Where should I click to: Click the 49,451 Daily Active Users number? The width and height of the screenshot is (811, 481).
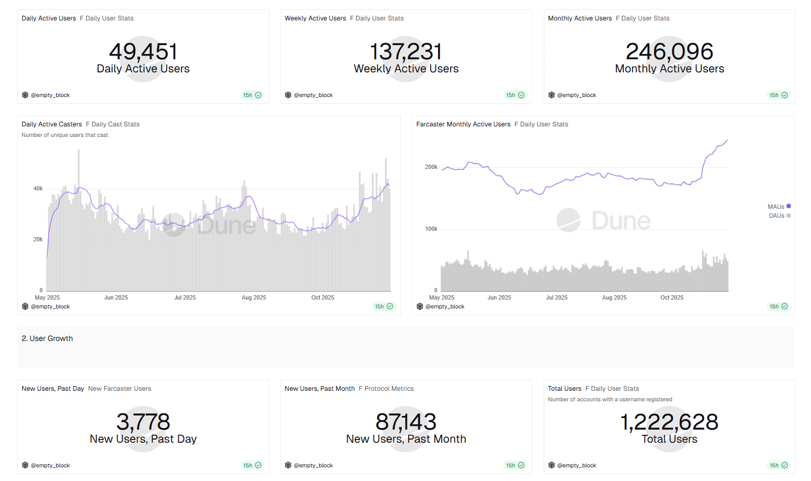point(143,52)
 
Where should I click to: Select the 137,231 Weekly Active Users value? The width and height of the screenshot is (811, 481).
point(406,52)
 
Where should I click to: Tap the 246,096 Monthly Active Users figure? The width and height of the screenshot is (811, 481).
point(669,52)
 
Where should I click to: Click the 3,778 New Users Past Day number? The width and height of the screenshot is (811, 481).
point(143,422)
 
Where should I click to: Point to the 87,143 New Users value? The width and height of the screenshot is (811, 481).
point(406,422)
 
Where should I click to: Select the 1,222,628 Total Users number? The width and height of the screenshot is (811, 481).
point(669,422)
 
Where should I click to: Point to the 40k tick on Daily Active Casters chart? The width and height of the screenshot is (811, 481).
point(38,188)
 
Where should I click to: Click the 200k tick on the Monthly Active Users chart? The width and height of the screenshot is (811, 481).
point(431,167)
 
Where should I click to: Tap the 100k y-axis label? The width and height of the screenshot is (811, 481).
point(431,229)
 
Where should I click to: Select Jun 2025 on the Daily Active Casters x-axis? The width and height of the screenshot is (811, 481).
point(116,297)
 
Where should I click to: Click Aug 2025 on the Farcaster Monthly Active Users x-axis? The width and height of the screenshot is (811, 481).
point(614,297)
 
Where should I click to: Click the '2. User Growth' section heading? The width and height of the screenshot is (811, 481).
point(47,338)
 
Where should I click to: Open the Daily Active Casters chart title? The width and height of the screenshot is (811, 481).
point(52,124)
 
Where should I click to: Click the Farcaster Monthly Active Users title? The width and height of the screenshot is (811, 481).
point(463,124)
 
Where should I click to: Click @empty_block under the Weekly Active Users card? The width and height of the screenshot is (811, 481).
point(313,95)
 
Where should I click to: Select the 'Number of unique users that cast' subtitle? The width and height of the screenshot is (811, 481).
point(65,135)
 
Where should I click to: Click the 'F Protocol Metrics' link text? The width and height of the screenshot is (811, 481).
point(386,389)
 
